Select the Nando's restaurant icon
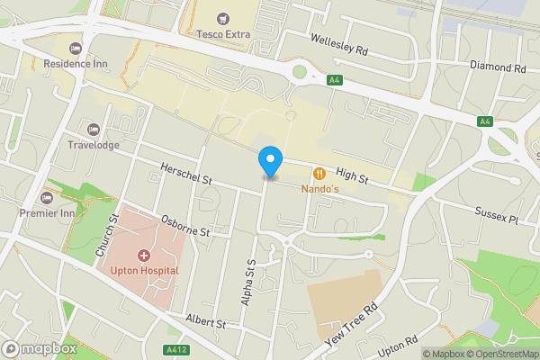(319, 173)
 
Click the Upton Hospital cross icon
(143, 256)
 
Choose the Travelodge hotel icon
(94, 130)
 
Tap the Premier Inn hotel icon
(48, 197)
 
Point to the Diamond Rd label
(498, 66)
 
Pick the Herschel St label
(185, 175)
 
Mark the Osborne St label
(184, 225)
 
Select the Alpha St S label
(249, 282)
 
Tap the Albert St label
(205, 321)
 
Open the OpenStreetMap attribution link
(499, 354)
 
